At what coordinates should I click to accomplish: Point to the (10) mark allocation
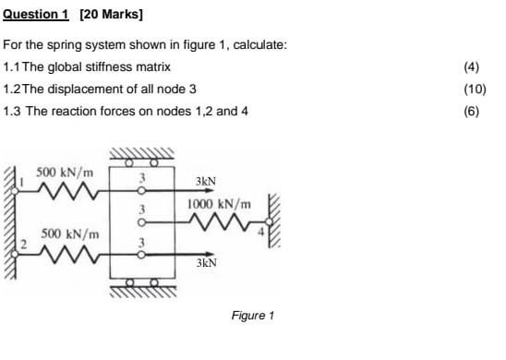point(475,90)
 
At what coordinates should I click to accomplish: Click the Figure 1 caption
point(253,316)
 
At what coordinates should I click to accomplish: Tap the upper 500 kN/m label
point(65,173)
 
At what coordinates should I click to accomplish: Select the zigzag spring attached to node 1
point(66,191)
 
